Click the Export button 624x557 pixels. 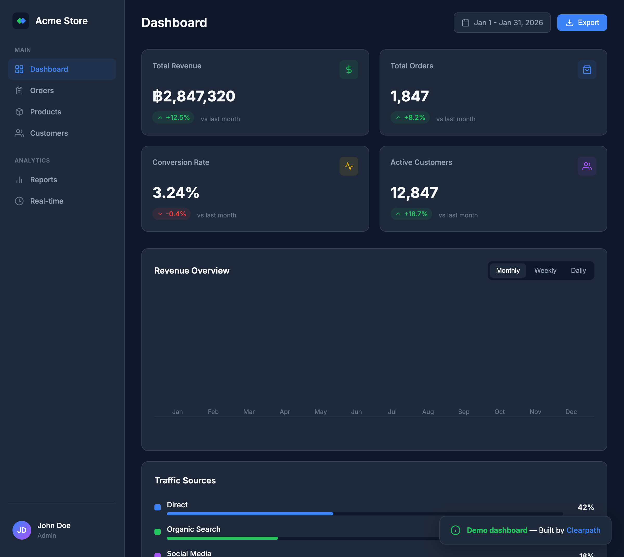click(x=582, y=23)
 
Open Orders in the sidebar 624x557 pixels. click(x=42, y=90)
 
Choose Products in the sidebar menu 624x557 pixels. click(x=45, y=112)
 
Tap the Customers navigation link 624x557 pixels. click(x=49, y=133)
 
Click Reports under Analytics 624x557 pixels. click(x=43, y=180)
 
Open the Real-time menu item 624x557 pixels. click(x=47, y=201)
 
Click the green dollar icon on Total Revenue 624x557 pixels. click(x=349, y=70)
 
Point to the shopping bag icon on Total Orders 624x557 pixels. click(x=587, y=70)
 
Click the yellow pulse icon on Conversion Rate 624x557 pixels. click(x=349, y=166)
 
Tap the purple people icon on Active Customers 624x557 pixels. click(x=587, y=166)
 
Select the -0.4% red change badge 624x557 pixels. click(x=171, y=214)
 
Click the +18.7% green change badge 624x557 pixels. click(x=411, y=214)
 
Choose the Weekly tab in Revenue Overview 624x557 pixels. click(x=545, y=270)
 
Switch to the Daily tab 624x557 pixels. click(x=578, y=270)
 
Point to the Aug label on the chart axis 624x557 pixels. click(x=428, y=412)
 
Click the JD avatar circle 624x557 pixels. click(x=22, y=530)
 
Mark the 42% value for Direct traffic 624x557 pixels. click(x=586, y=507)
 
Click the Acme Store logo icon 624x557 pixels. click(x=21, y=21)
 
